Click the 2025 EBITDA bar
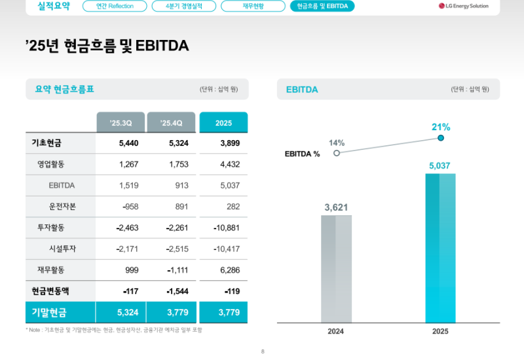coord(440,249)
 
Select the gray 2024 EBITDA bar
coord(336,268)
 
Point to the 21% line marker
coord(441,138)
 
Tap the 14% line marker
coord(337,153)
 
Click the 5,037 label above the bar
coord(440,166)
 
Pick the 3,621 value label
coord(336,207)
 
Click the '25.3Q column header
coord(121,122)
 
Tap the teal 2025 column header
coord(223,122)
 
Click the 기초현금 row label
coord(46,143)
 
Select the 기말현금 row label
coord(49,312)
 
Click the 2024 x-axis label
coord(336,331)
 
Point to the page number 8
coord(262,352)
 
